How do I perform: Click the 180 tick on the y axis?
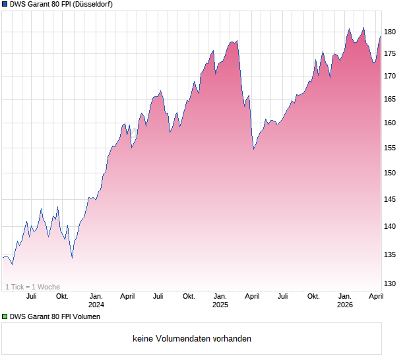[x=390, y=32]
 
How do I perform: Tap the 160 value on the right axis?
[x=390, y=123]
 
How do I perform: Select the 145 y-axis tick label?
[x=390, y=199]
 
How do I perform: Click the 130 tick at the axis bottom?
[x=390, y=284]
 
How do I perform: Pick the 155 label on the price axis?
[x=390, y=148]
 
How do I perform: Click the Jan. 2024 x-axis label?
[x=96, y=300]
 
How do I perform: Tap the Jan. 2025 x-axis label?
[x=220, y=300]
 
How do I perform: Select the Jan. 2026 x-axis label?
[x=344, y=300]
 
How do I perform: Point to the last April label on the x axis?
[x=375, y=296]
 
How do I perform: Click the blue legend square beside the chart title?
[x=4, y=5]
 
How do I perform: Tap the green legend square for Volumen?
[x=4, y=317]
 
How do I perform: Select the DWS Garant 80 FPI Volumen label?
[x=55, y=317]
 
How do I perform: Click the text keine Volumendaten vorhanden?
[x=192, y=339]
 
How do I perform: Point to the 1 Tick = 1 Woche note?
[x=32, y=287]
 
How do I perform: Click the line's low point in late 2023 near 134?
[x=72, y=258]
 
